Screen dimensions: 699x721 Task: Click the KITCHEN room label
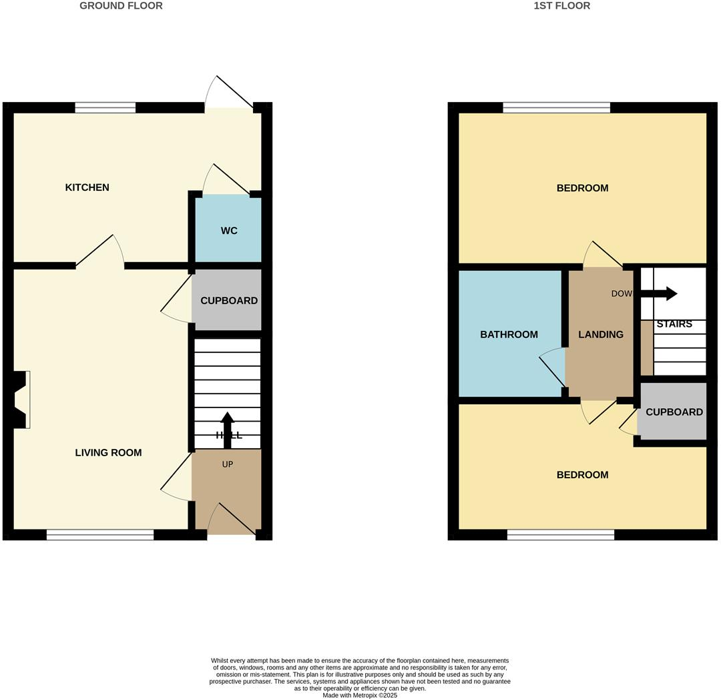[87, 187]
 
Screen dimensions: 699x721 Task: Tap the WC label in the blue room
[229, 231]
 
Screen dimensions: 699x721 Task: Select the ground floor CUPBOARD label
[229, 301]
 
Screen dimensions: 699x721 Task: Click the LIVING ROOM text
[108, 453]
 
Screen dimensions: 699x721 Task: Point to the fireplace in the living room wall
[21, 400]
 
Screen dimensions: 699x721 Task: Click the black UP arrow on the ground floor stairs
[227, 429]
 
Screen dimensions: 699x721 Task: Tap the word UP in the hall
[227, 464]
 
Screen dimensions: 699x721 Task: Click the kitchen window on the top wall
[105, 107]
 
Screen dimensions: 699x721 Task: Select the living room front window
[100, 534]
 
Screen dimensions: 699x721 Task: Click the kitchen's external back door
[229, 93]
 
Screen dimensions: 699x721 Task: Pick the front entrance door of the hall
[231, 520]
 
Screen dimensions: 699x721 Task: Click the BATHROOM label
[509, 335]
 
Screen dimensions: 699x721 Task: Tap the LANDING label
[600, 335]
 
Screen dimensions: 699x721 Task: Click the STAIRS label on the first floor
[674, 324]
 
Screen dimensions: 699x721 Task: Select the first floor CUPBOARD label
[674, 412]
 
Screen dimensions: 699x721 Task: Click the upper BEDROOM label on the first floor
[582, 188]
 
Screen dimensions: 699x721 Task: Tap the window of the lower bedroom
[560, 534]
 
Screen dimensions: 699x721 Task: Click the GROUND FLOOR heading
[121, 6]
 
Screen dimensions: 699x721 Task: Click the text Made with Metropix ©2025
[360, 695]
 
